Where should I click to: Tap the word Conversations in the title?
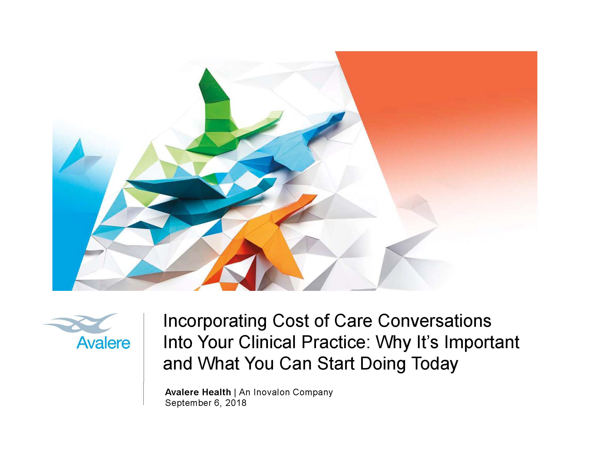pos(434,321)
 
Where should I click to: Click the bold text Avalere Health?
pos(198,392)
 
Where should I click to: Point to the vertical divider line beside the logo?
pos(144,359)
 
